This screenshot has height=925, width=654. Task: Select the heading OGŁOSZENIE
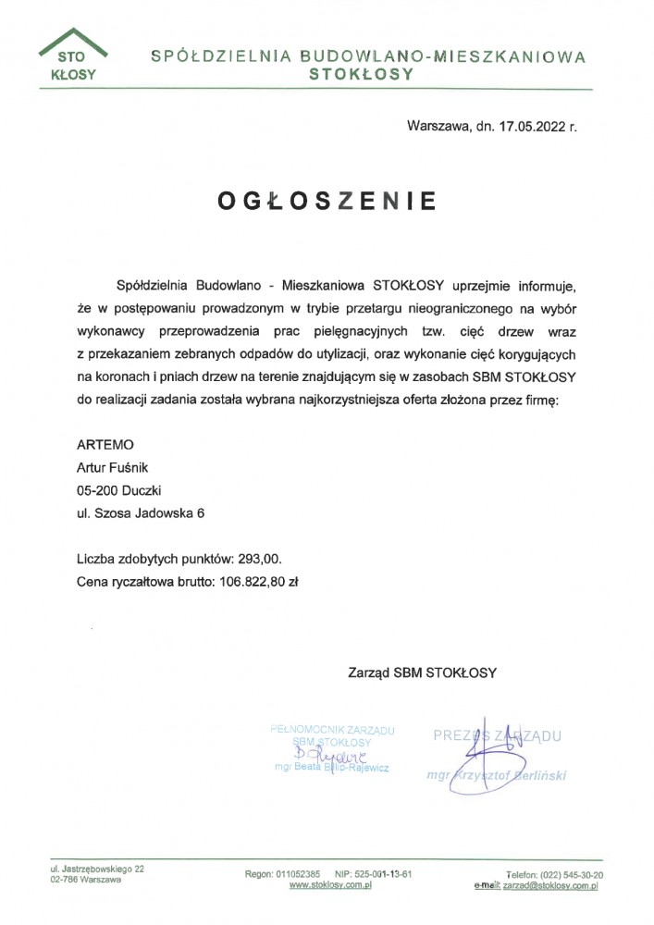click(x=327, y=201)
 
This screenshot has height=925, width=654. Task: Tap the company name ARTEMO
click(x=105, y=445)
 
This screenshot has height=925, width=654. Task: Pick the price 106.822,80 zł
click(x=258, y=582)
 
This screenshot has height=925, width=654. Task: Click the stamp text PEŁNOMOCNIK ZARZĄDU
click(x=332, y=730)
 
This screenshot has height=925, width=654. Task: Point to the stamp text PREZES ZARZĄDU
click(x=497, y=735)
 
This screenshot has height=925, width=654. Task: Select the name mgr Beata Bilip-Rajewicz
click(x=332, y=768)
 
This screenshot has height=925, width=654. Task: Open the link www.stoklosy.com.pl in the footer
click(x=330, y=885)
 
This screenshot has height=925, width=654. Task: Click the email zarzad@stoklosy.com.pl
click(x=549, y=885)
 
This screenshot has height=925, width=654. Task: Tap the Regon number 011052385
click(x=298, y=874)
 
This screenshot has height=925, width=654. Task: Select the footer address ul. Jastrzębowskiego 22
click(x=97, y=869)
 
